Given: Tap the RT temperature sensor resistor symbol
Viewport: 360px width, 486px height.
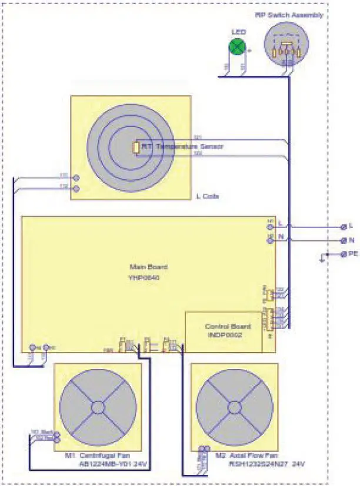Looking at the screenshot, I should pyautogui.click(x=135, y=148).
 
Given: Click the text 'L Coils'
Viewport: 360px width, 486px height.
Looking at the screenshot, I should pyautogui.click(x=207, y=196).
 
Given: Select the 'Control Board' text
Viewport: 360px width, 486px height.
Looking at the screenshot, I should pyautogui.click(x=227, y=326).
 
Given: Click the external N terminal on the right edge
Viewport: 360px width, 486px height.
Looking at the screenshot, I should pyautogui.click(x=344, y=240).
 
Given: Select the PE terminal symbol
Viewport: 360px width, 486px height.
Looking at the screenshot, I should pyautogui.click(x=344, y=254).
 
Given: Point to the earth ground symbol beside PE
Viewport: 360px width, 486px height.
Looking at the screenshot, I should pyautogui.click(x=322, y=257).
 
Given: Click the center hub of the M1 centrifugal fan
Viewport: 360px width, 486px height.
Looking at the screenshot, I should pyautogui.click(x=98, y=407).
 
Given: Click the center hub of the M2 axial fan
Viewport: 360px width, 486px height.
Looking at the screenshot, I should pyautogui.click(x=234, y=407).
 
